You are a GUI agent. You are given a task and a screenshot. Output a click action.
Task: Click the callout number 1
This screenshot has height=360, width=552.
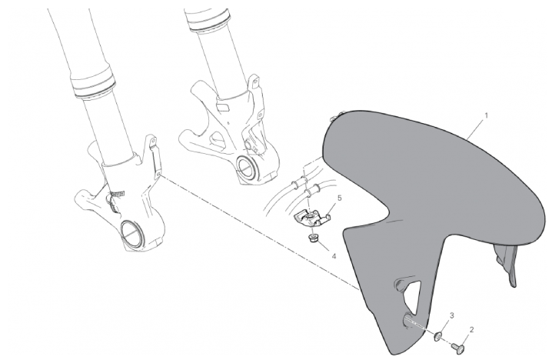pos(486,115)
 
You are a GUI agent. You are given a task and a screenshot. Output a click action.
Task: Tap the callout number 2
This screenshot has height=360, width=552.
pos(471,329)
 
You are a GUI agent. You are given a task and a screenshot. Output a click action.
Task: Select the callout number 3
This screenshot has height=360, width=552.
pos(451,315)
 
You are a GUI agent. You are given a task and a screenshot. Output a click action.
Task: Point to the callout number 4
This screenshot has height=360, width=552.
pos(334,256)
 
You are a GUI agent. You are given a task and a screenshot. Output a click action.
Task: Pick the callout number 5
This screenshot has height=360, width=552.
pos(339,198)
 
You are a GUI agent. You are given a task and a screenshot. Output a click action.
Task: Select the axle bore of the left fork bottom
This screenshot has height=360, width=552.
pos(131,234)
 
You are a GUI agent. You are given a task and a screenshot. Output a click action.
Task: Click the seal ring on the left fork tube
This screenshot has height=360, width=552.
pos(93,83)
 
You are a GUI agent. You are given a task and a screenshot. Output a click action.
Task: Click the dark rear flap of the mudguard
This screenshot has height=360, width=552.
pos(506,265)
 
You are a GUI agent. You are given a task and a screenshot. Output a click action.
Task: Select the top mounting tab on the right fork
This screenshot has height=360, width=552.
pos(254,81)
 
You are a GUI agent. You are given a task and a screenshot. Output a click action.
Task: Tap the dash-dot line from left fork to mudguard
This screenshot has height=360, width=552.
pos(260,232)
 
